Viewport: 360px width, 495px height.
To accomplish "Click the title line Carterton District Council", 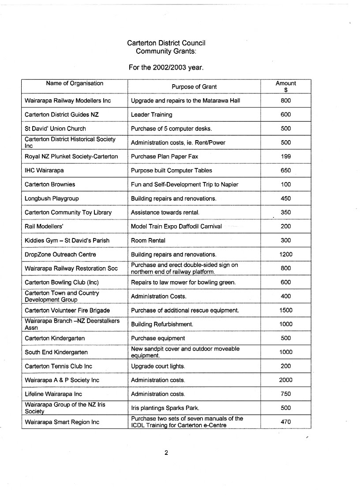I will point(166,43).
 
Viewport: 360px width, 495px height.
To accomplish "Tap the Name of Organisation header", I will point(75,83).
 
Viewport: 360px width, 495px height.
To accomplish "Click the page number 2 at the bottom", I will point(166,452).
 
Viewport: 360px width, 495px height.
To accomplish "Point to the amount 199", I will point(285,156).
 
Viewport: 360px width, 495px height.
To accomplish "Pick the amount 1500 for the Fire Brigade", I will point(285,310).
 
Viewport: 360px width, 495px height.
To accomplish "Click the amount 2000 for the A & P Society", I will point(285,380).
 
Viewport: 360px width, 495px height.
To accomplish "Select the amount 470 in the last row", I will point(285,422).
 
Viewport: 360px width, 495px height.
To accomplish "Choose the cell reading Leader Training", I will point(151,115).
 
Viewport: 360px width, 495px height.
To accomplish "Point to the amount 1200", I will point(285,254).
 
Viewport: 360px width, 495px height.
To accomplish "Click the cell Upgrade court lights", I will point(158,366).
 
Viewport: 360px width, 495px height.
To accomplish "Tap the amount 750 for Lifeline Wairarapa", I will point(285,394).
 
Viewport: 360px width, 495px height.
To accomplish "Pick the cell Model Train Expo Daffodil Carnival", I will point(176,227).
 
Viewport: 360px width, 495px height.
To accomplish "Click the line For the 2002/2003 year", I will point(166,68).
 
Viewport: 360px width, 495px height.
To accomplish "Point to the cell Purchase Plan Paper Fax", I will point(165,156).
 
